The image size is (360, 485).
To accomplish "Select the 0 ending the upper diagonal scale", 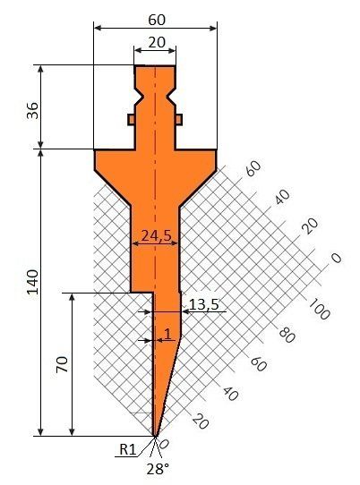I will (x=336, y=259).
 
